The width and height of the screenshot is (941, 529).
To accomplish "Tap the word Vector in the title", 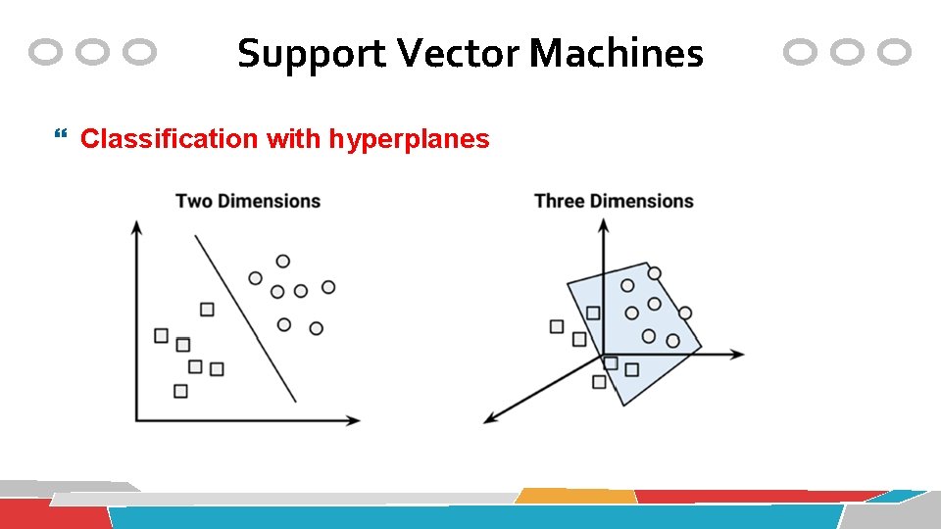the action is (461, 54).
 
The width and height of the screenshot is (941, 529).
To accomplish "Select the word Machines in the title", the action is (617, 54).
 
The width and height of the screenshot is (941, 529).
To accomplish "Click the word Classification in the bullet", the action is (168, 139).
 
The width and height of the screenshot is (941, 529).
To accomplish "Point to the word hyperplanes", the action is (409, 139).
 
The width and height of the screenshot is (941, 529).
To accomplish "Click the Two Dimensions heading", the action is (248, 201).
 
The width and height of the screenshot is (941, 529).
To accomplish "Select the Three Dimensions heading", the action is (614, 201).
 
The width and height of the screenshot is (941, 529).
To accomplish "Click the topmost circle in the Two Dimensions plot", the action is (282, 261).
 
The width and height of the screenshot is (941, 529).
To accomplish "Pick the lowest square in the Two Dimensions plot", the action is (180, 391).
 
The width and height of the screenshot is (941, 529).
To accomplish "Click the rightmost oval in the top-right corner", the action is (894, 52).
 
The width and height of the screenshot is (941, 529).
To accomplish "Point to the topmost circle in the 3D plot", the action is (654, 273).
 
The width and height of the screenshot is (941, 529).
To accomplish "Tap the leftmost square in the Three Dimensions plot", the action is (557, 326).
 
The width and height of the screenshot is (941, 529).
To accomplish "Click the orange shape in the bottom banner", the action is (576, 496).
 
